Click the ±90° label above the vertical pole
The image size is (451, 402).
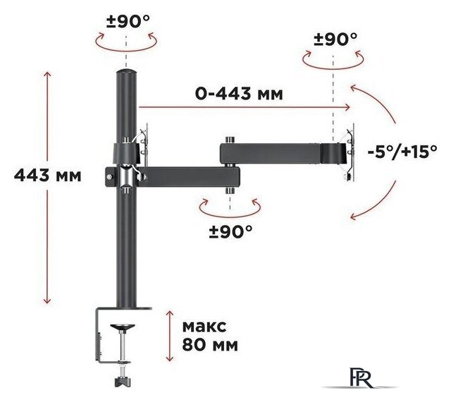pos(128,21)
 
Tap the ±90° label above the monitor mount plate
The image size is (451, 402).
pos(335,39)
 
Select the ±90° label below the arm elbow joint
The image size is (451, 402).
pos(230,231)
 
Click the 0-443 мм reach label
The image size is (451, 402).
pos(239,93)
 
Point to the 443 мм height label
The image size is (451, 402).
pos(48,175)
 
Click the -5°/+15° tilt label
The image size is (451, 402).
pos(402,151)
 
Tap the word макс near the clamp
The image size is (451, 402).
pos(204,327)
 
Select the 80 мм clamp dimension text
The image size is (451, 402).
pos(210,344)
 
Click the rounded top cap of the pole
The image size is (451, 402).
pos(126,71)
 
